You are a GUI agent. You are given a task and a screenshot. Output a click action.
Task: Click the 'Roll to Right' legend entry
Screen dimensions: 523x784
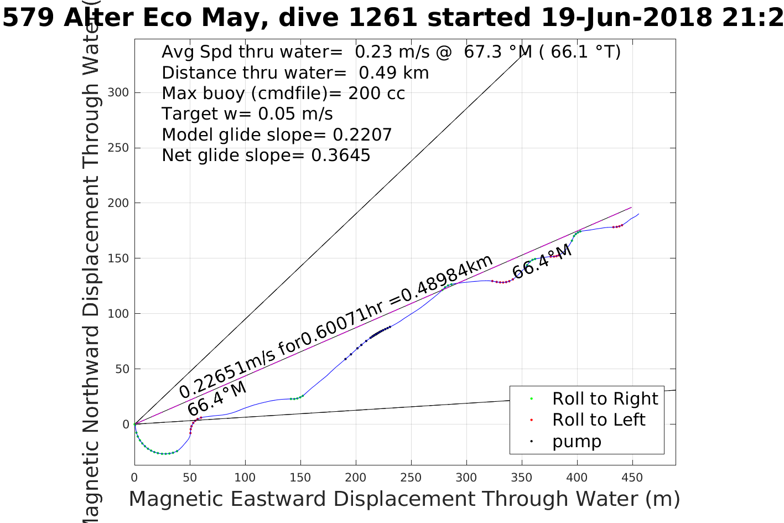coord(605,398)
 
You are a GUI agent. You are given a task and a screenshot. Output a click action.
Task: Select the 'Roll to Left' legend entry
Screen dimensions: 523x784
coord(599,420)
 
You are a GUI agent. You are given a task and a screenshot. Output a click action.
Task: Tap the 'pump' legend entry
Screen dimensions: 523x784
coord(577,442)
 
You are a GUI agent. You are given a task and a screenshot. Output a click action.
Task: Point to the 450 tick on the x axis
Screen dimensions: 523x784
coord(632,478)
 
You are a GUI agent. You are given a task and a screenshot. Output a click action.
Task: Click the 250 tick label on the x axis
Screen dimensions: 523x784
coord(411,478)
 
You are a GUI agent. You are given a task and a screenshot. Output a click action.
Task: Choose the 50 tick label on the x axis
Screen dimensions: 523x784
coord(190,478)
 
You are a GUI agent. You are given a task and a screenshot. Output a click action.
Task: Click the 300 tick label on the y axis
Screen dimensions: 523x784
coord(118,92)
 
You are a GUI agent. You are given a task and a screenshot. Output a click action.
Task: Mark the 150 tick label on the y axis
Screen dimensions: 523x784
coord(118,258)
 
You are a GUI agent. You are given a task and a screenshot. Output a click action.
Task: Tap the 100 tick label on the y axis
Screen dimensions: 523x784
coord(118,314)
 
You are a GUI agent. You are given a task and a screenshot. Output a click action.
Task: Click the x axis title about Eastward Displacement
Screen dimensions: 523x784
coord(404,499)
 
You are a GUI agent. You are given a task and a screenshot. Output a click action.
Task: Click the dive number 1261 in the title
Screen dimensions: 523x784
coord(383,18)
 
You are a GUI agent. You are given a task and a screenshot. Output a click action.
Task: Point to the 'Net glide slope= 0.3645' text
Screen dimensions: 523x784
coord(266,156)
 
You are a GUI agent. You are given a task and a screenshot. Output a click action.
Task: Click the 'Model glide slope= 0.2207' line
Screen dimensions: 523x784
coord(277,135)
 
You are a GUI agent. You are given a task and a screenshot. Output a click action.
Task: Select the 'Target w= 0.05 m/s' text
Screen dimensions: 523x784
coord(247,114)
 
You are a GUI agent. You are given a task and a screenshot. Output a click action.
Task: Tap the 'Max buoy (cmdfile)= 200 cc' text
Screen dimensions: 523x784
coord(283,93)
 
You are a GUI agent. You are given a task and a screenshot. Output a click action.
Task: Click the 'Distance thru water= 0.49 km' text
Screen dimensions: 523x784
coord(295,73)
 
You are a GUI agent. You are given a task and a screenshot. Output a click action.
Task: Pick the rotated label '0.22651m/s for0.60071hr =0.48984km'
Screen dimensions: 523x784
coord(335,327)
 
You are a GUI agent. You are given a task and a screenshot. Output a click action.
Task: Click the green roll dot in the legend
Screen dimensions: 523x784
coord(531,398)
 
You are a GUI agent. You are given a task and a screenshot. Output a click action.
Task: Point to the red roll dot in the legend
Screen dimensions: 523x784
coord(531,420)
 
